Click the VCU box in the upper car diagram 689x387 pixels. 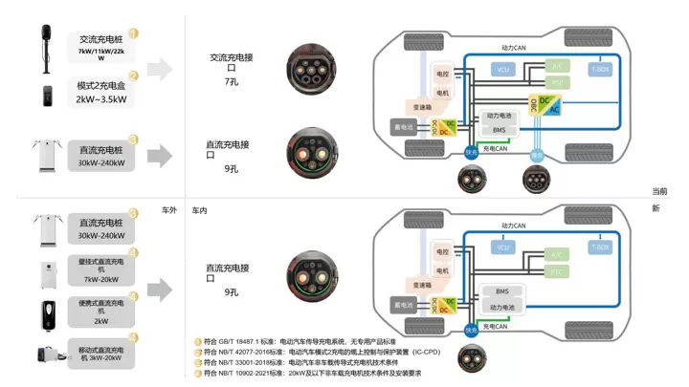(x=502, y=70)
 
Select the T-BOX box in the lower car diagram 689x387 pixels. (x=600, y=247)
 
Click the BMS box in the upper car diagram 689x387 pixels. (x=499, y=130)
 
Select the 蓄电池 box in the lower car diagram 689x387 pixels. (x=404, y=306)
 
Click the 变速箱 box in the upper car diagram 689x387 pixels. (x=422, y=107)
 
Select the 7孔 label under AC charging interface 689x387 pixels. (x=231, y=83)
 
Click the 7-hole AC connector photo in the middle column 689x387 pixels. (x=312, y=69)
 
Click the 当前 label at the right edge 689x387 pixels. (x=659, y=192)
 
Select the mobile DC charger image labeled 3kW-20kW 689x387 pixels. (x=44, y=356)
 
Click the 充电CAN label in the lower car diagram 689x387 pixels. (x=495, y=328)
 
